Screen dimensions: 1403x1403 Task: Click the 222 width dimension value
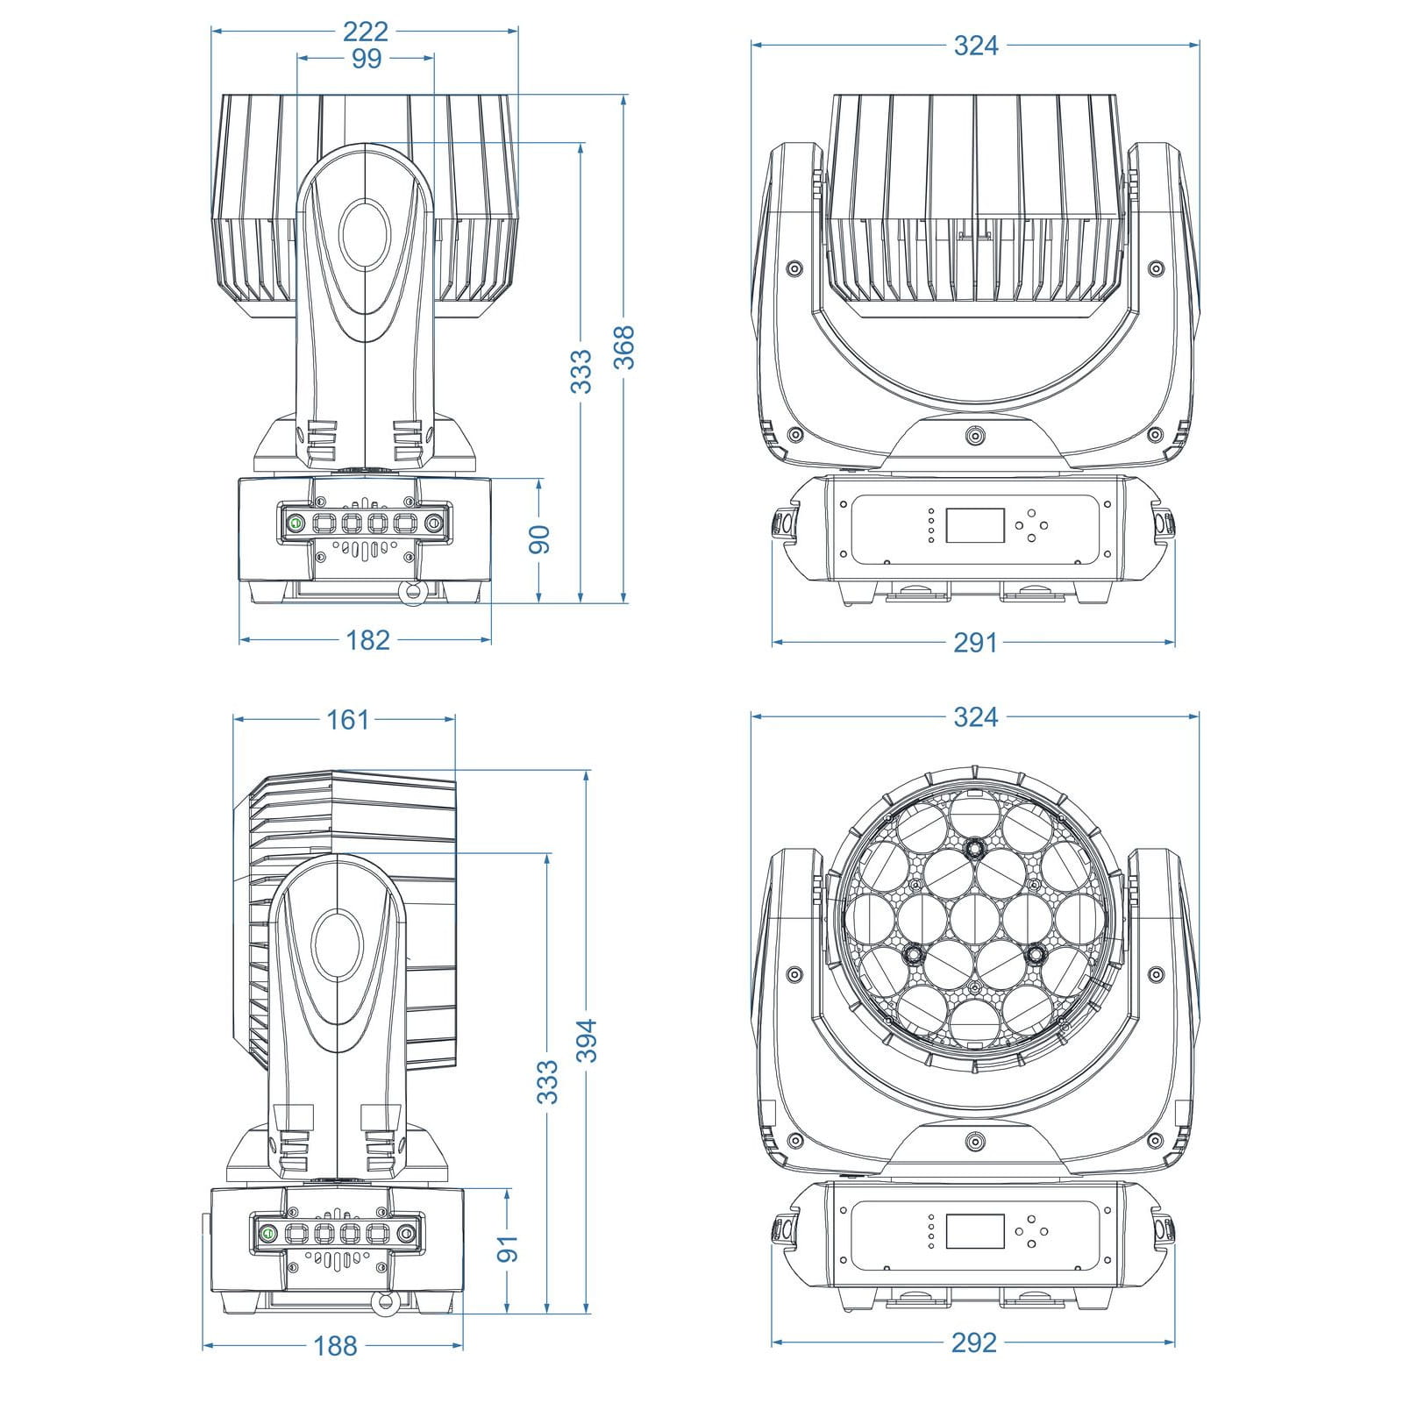[x=366, y=32]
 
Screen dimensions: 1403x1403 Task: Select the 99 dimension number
[x=366, y=59]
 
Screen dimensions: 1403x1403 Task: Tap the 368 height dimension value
[x=623, y=347]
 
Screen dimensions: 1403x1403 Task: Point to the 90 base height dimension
[x=539, y=538]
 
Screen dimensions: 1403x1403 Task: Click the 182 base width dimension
[x=367, y=640]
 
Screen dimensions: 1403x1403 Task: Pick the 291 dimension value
[x=975, y=643]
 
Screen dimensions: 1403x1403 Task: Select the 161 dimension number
[x=347, y=720]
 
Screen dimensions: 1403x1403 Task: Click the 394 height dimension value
[x=587, y=1040]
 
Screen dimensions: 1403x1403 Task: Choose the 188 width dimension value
[x=334, y=1345]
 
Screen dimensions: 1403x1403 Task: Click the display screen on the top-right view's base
[x=974, y=526]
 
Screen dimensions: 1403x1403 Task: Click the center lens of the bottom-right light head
[x=975, y=915]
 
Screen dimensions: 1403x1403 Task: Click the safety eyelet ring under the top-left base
[x=410, y=594]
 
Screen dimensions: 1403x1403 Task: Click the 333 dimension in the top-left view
[x=581, y=371]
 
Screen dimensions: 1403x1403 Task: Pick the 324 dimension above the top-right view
[x=975, y=46]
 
